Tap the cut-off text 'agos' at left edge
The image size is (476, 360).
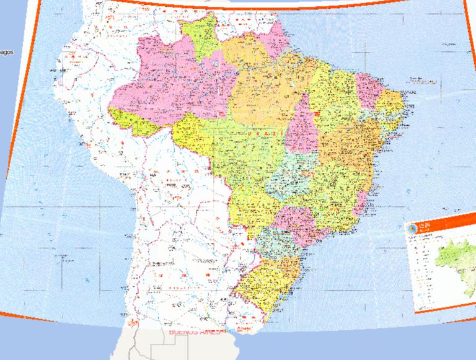click(x=6, y=51)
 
